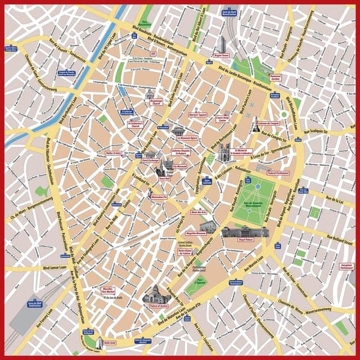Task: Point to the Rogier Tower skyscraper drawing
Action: tap(221, 43)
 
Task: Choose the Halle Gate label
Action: tap(110, 341)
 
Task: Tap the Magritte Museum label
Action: tap(195, 232)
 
